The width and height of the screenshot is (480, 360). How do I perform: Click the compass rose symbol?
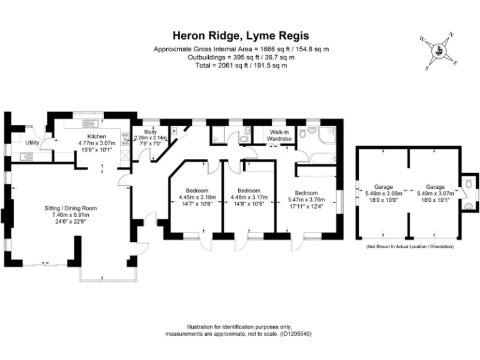tap(439, 51)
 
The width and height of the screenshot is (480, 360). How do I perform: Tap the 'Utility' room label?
tap(32, 142)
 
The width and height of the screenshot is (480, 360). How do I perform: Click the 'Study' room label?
tap(149, 132)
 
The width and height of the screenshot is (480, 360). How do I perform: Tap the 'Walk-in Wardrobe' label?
tap(279, 135)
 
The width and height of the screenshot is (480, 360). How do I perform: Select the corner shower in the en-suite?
tap(326, 134)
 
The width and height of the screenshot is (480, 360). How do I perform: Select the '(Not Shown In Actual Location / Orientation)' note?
tap(409, 247)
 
